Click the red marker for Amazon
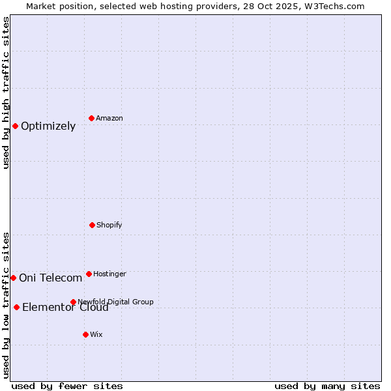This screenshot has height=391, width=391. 92,118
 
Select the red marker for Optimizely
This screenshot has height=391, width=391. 15,126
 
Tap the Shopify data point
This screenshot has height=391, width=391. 92,225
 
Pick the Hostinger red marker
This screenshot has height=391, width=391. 89,274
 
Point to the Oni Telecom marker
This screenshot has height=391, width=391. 13,278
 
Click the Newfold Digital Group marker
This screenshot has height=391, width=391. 73,302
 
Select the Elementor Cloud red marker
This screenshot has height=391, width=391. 16,307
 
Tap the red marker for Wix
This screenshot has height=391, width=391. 85,334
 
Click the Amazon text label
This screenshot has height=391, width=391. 109,118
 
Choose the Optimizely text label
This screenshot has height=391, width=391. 48,126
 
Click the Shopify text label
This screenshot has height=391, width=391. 109,225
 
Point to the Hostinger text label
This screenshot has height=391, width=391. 109,274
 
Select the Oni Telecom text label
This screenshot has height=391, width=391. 51,278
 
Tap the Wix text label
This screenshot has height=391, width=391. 96,334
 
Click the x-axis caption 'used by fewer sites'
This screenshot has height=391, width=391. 67,386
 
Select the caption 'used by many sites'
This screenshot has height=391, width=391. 327,386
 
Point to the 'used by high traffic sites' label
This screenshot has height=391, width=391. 6,93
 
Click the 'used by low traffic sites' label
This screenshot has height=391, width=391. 6,305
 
